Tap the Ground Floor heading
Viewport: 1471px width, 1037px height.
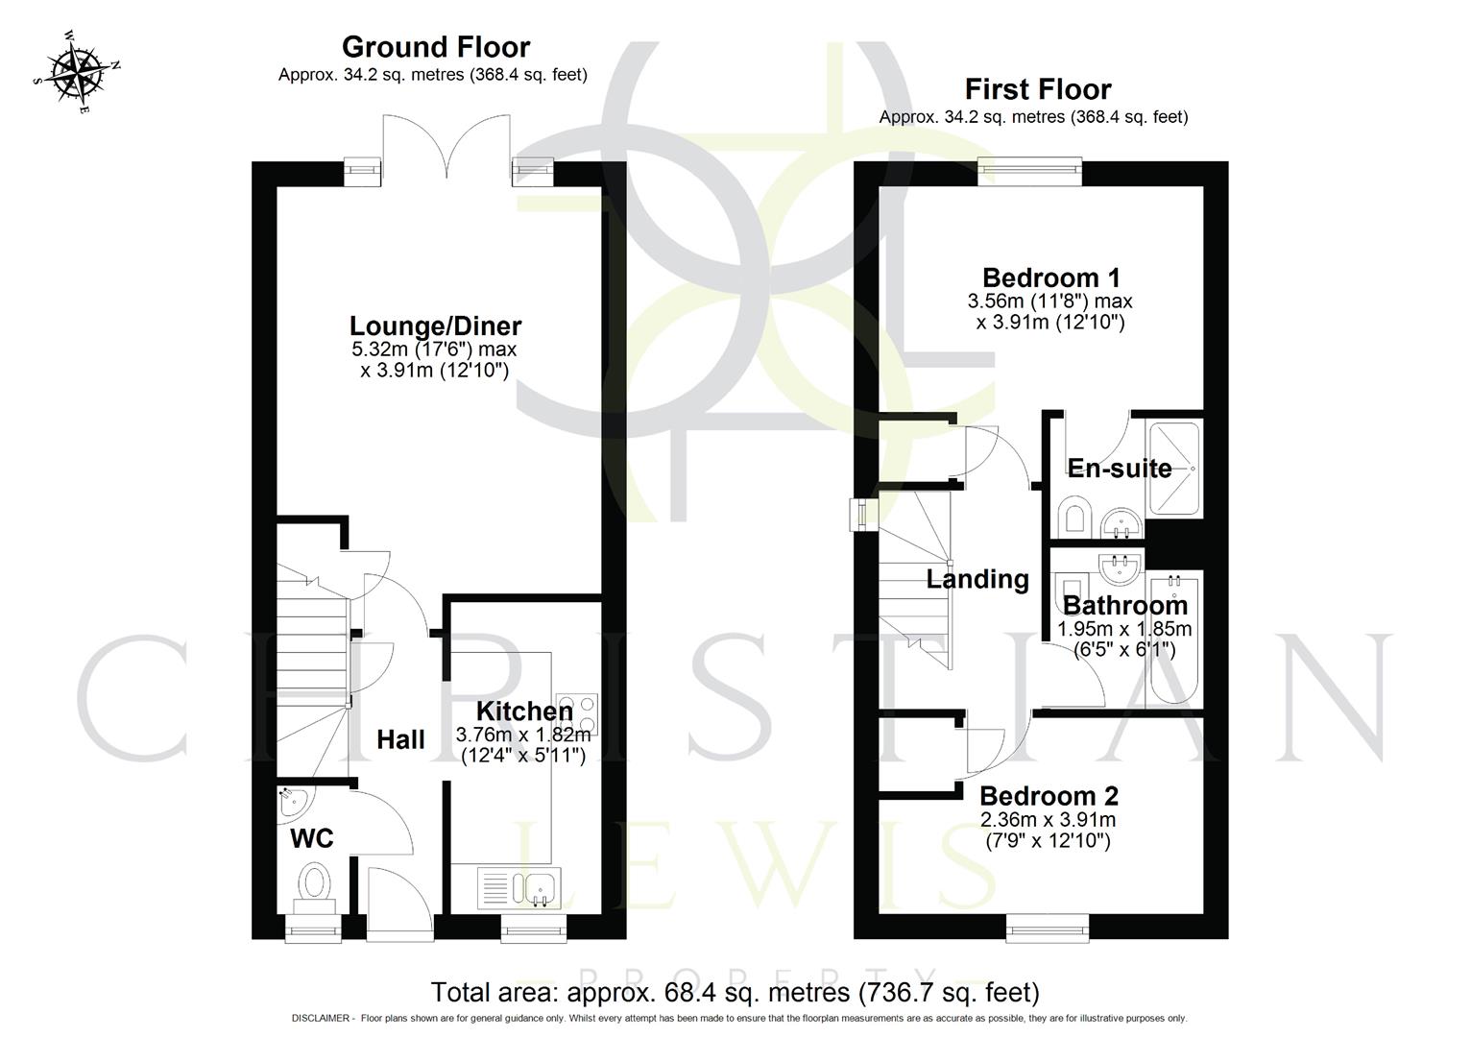pos(435,46)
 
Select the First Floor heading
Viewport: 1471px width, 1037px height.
pos(1037,89)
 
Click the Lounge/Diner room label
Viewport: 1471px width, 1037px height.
pos(435,326)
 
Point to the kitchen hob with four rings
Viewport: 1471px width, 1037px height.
pos(575,713)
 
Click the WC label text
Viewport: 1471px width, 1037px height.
pos(312,838)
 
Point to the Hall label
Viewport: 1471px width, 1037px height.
pos(400,739)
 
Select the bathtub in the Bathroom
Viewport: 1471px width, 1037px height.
pos(1174,639)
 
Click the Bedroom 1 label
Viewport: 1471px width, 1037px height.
pos(1050,277)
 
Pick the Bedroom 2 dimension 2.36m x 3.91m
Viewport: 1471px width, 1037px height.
pos(1048,820)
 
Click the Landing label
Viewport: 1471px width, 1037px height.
pos(977,579)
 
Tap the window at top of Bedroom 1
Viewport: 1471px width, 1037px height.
pos(1029,173)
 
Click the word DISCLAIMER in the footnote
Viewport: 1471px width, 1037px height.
pos(323,1018)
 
